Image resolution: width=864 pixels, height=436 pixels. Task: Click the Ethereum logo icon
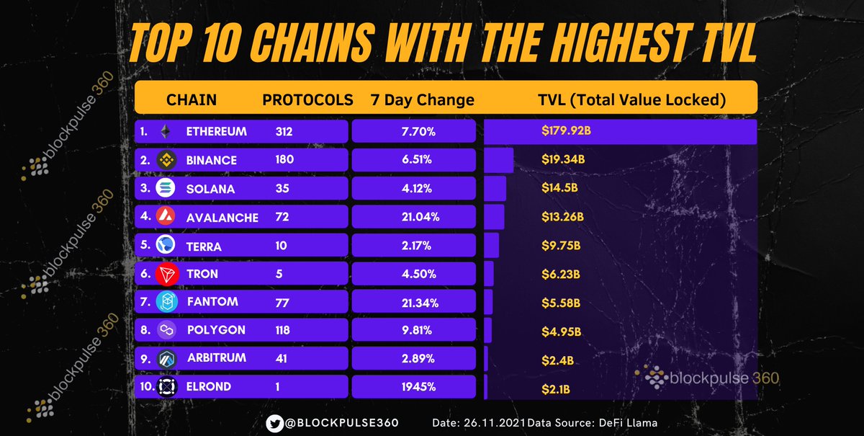pos(166,132)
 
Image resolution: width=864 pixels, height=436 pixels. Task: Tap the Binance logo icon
pos(166,159)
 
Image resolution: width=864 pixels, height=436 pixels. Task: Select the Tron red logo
pos(166,274)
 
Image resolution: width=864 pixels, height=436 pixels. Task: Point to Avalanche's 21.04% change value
pos(413,217)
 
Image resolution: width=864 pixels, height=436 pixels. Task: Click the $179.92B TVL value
pos(567,132)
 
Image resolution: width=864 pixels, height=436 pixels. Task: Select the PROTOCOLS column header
pos(307,99)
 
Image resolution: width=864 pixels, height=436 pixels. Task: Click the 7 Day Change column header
pos(422,99)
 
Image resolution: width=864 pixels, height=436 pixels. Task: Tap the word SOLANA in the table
pos(210,188)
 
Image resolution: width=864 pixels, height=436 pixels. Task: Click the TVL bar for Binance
pos(498,160)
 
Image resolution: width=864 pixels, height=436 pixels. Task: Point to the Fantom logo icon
pos(166,302)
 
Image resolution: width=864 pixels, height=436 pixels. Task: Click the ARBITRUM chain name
pos(217,358)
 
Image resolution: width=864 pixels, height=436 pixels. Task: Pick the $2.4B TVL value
pos(557,358)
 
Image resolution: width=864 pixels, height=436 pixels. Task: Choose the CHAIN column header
pos(191,99)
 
